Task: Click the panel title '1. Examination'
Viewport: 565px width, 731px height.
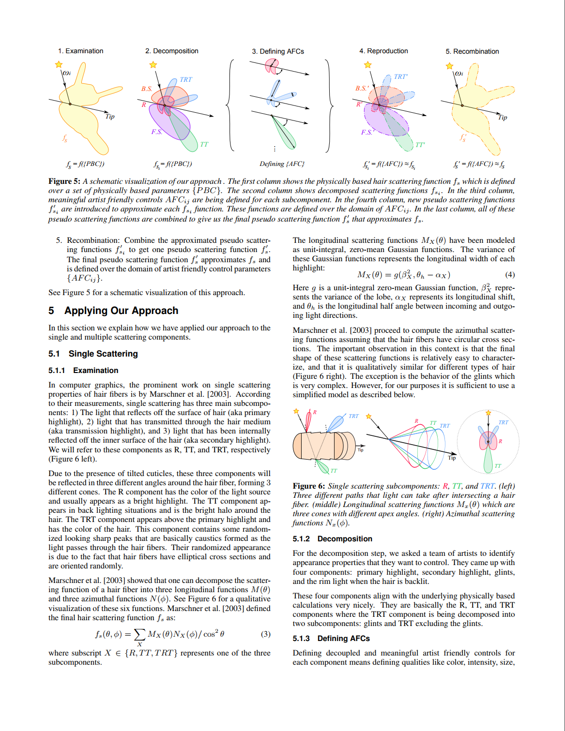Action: click(80, 51)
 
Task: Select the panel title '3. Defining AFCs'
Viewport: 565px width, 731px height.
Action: click(278, 51)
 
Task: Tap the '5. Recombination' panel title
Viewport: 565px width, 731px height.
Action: click(472, 51)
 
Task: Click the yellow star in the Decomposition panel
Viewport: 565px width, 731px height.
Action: click(153, 65)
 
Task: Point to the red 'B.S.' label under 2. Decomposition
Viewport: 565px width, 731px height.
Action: click(147, 89)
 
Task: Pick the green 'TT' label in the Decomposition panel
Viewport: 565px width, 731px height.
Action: click(204, 144)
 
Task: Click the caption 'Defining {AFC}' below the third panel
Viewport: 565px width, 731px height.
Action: click(282, 164)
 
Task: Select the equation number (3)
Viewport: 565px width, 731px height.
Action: click(265, 634)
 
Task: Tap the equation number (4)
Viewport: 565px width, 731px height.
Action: click(510, 275)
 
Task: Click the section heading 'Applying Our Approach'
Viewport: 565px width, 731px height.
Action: click(121, 311)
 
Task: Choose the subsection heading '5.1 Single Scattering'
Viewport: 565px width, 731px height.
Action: click(93, 354)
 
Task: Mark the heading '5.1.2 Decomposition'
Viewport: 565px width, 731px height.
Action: click(332, 538)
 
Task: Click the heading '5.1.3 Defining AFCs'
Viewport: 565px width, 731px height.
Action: click(331, 638)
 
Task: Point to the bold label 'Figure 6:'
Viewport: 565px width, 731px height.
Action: click(308, 486)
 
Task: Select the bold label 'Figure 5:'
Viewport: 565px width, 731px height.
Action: click(64, 181)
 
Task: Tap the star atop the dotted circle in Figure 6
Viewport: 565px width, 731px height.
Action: click(489, 413)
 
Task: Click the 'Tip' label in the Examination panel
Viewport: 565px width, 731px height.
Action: click(110, 117)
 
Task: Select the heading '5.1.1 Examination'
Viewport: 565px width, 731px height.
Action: click(83, 370)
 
